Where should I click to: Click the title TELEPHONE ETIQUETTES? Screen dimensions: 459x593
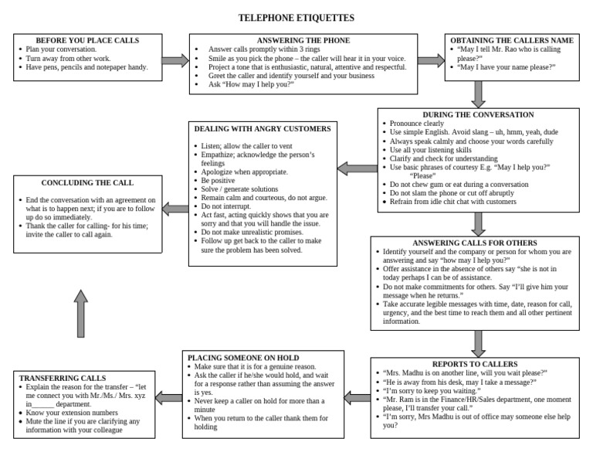point(296,17)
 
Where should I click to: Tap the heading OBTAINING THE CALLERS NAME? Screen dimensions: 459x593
point(512,40)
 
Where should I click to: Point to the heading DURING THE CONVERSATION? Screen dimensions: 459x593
point(479,114)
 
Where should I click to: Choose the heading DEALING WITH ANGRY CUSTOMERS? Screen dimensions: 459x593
point(263,129)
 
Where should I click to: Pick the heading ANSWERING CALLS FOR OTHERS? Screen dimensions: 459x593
point(479,243)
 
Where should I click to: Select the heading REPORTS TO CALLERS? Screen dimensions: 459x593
point(479,364)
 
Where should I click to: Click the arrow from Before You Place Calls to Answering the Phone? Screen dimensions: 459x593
point(175,59)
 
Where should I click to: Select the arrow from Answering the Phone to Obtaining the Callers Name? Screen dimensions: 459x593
point(431,59)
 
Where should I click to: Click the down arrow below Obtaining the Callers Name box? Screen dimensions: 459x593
point(479,93)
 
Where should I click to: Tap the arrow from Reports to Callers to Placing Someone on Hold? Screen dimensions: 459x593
point(356,397)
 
